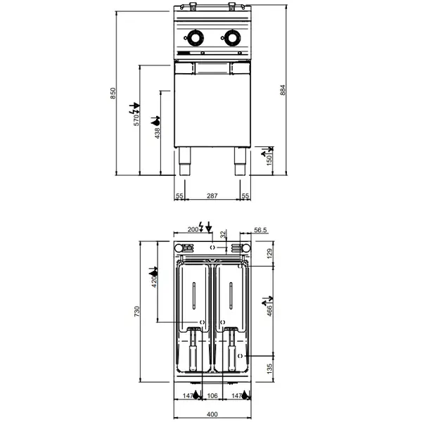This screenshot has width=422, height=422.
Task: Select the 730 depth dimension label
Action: click(139, 310)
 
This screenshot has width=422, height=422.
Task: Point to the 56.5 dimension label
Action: click(261, 229)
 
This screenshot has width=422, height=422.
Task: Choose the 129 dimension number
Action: click(270, 253)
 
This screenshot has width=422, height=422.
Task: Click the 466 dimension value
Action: click(270, 310)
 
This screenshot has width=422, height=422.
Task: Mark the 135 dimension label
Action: click(270, 369)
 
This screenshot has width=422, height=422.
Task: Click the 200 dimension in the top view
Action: click(193, 229)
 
